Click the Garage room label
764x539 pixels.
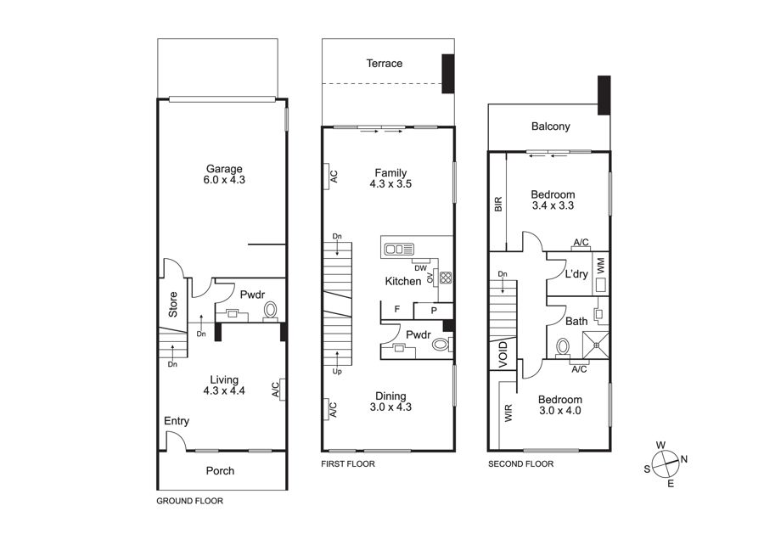pos(224,169)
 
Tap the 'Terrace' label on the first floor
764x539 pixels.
pos(385,64)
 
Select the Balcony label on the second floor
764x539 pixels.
pos(551,126)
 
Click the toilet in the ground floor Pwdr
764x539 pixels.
pos(270,311)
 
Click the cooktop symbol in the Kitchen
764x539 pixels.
pos(446,278)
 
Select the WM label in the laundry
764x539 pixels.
pos(600,266)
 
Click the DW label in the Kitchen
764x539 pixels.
pos(420,268)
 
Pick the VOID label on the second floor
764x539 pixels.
pos(503,354)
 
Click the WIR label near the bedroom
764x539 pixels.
pos(508,413)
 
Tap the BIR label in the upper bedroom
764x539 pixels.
pos(498,204)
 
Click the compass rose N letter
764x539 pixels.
pos(684,459)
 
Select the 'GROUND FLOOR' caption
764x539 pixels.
pos(189,501)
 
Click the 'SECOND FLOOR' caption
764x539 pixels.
pos(521,464)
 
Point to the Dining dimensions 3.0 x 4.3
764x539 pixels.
pos(390,407)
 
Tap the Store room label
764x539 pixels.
pos(173,305)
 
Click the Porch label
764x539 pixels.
pos(220,471)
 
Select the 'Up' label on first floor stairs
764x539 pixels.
pos(337,371)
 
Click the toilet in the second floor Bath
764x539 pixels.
pos(563,347)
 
